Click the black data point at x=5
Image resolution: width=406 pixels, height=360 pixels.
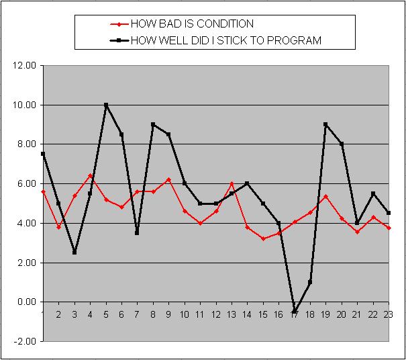click(x=106, y=105)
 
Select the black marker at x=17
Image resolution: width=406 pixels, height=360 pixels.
click(x=295, y=312)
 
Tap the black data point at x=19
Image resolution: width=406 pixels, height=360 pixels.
click(x=325, y=124)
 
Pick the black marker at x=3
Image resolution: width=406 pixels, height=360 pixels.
click(x=74, y=253)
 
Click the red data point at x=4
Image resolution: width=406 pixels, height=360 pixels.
click(x=90, y=176)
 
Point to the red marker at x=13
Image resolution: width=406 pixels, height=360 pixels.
click(x=232, y=183)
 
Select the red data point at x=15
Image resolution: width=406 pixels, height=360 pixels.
click(x=263, y=238)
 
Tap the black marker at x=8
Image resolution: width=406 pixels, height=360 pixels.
click(x=153, y=124)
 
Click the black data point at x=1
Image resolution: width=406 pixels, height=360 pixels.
click(x=43, y=154)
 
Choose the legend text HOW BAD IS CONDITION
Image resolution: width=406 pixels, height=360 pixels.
click(x=192, y=24)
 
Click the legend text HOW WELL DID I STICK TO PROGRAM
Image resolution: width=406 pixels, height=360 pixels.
click(x=225, y=40)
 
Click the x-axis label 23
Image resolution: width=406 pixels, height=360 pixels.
click(x=387, y=314)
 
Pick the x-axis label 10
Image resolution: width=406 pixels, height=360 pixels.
click(x=185, y=314)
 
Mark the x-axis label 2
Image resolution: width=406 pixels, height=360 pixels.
click(x=58, y=314)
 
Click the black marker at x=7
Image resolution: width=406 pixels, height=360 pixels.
click(x=137, y=233)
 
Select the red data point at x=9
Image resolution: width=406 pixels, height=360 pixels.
click(x=168, y=179)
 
